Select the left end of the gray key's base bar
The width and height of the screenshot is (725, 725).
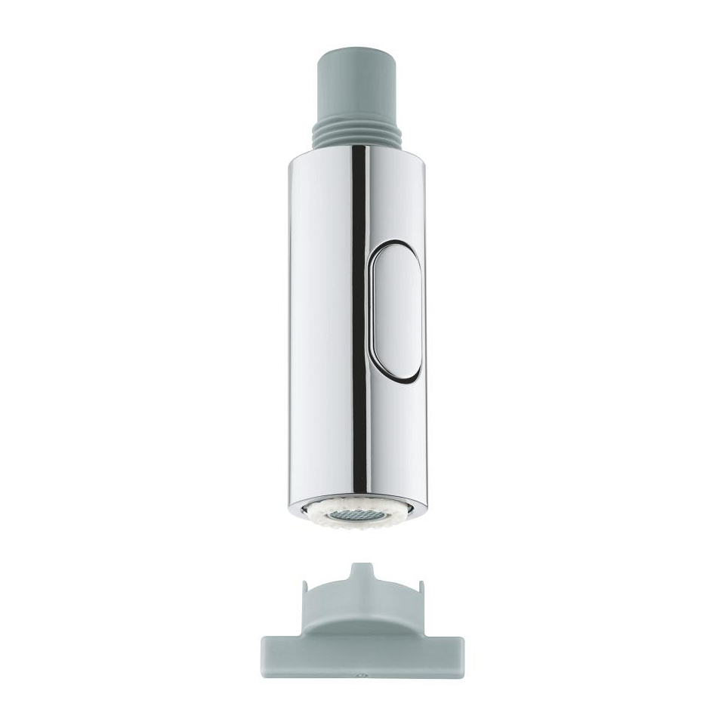pyautogui.click(x=268, y=653)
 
